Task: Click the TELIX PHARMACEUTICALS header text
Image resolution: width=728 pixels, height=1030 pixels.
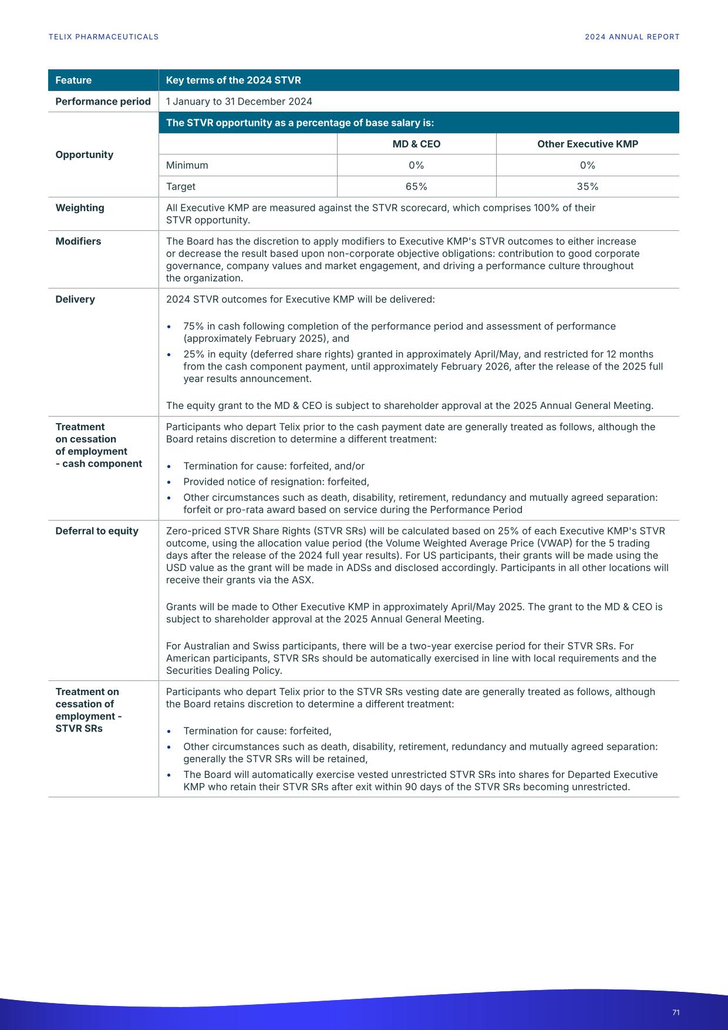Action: click(103, 37)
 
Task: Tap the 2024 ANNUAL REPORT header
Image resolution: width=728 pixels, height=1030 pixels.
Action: click(632, 37)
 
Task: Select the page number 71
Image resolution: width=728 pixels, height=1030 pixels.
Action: click(676, 1012)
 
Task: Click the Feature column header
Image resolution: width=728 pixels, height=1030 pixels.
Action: click(73, 80)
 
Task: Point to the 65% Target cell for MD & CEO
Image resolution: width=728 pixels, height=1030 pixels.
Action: click(416, 187)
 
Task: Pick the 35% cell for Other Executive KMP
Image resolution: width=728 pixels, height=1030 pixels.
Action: click(587, 187)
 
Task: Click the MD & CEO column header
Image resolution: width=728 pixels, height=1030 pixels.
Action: click(416, 144)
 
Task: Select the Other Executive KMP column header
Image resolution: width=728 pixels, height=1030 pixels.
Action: click(587, 144)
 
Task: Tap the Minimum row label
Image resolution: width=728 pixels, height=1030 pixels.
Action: click(187, 166)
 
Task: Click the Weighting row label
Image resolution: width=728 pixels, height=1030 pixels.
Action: click(80, 208)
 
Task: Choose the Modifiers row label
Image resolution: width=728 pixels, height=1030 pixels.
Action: click(78, 241)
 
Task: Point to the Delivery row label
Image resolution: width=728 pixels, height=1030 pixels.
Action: click(75, 300)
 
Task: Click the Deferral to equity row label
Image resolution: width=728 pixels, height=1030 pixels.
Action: click(97, 531)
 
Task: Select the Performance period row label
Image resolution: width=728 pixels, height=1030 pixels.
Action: click(103, 102)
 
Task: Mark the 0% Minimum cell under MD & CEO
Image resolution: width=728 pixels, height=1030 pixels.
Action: click(416, 166)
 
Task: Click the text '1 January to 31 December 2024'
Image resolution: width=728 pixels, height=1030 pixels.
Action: click(239, 102)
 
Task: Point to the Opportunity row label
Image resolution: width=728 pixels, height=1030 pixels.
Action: click(84, 155)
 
